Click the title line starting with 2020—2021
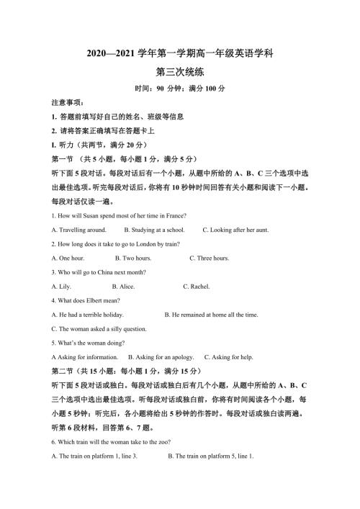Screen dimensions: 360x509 click(179, 54)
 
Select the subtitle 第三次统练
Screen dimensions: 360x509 click(179, 72)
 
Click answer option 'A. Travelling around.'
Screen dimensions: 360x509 click(79, 230)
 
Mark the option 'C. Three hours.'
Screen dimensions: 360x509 click(210, 257)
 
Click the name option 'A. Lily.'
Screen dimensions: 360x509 click(64, 286)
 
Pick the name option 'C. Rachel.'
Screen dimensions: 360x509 click(197, 286)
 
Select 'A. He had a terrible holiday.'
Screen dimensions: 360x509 click(88, 314)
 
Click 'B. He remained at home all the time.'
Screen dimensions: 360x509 click(211, 314)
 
